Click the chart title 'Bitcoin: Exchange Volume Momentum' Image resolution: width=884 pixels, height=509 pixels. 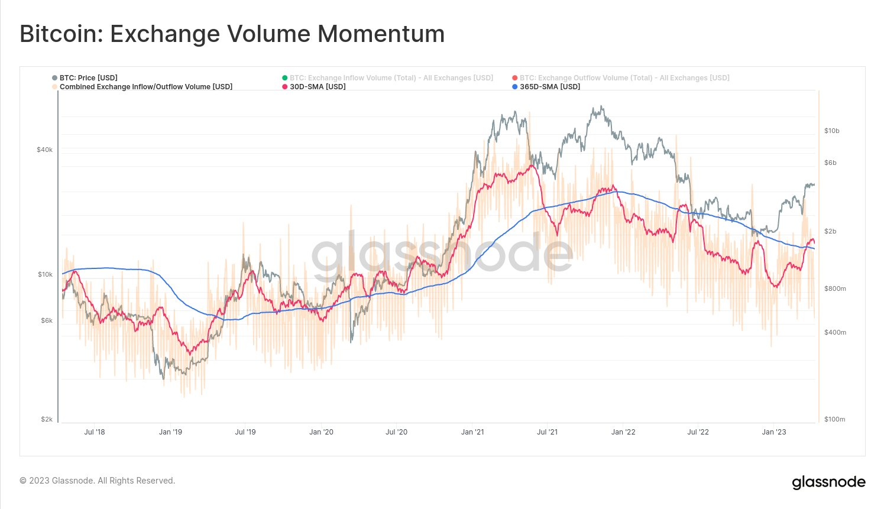pos(232,34)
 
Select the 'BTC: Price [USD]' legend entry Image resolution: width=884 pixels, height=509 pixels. pos(88,78)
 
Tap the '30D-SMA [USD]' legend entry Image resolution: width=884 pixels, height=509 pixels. pos(318,87)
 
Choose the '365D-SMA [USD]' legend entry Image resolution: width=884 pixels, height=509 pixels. pos(549,87)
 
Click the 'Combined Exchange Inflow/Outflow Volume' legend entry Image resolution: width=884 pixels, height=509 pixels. pos(145,87)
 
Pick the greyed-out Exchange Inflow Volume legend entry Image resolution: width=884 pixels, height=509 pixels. pos(391,78)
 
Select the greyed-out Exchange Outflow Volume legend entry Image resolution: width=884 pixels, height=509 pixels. pos(624,78)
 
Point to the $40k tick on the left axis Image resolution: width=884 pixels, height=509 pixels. pos(45,150)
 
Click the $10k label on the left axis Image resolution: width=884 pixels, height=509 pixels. pos(45,274)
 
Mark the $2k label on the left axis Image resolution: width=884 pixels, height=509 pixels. pos(47,419)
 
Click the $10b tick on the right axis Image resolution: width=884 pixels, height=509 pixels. pos(831,131)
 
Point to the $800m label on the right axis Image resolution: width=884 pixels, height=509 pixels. pos(834,288)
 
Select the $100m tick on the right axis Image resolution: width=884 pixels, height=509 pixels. pos(834,419)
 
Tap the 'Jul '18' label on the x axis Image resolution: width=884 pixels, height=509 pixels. pos(95,432)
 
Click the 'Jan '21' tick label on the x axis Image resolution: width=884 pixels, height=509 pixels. pos(472,432)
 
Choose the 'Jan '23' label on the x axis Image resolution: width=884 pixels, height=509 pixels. pos(774,432)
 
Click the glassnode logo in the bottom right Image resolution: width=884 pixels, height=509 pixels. pos(828,482)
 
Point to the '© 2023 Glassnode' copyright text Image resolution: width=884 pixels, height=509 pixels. pos(98,481)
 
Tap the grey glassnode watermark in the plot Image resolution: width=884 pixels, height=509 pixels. pos(442,253)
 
